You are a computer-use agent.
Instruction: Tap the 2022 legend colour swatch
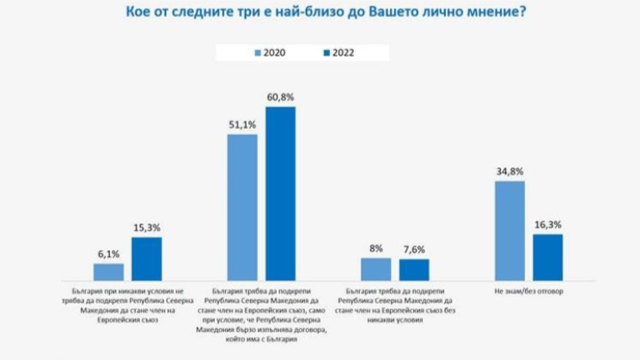coord(326,53)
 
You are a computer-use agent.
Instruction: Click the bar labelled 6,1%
coord(108,272)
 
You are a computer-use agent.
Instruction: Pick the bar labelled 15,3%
coord(147,258)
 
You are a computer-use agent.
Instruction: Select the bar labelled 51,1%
coord(242,207)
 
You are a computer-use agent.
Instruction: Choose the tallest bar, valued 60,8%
coord(281,193)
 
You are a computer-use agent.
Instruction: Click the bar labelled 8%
coord(376,269)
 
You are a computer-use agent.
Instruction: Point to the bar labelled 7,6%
coord(414,270)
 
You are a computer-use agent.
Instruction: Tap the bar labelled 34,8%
coord(510,230)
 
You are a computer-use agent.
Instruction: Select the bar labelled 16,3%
coord(548,257)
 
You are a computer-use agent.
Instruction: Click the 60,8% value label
coord(281,97)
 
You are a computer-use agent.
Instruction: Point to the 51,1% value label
coord(242,125)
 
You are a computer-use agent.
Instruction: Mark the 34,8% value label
coord(510,172)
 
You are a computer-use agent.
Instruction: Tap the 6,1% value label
coord(108,254)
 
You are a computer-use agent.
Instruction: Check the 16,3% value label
coord(548,225)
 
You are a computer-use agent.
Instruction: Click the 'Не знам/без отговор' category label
coord(529,292)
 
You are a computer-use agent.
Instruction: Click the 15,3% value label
coord(147,227)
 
